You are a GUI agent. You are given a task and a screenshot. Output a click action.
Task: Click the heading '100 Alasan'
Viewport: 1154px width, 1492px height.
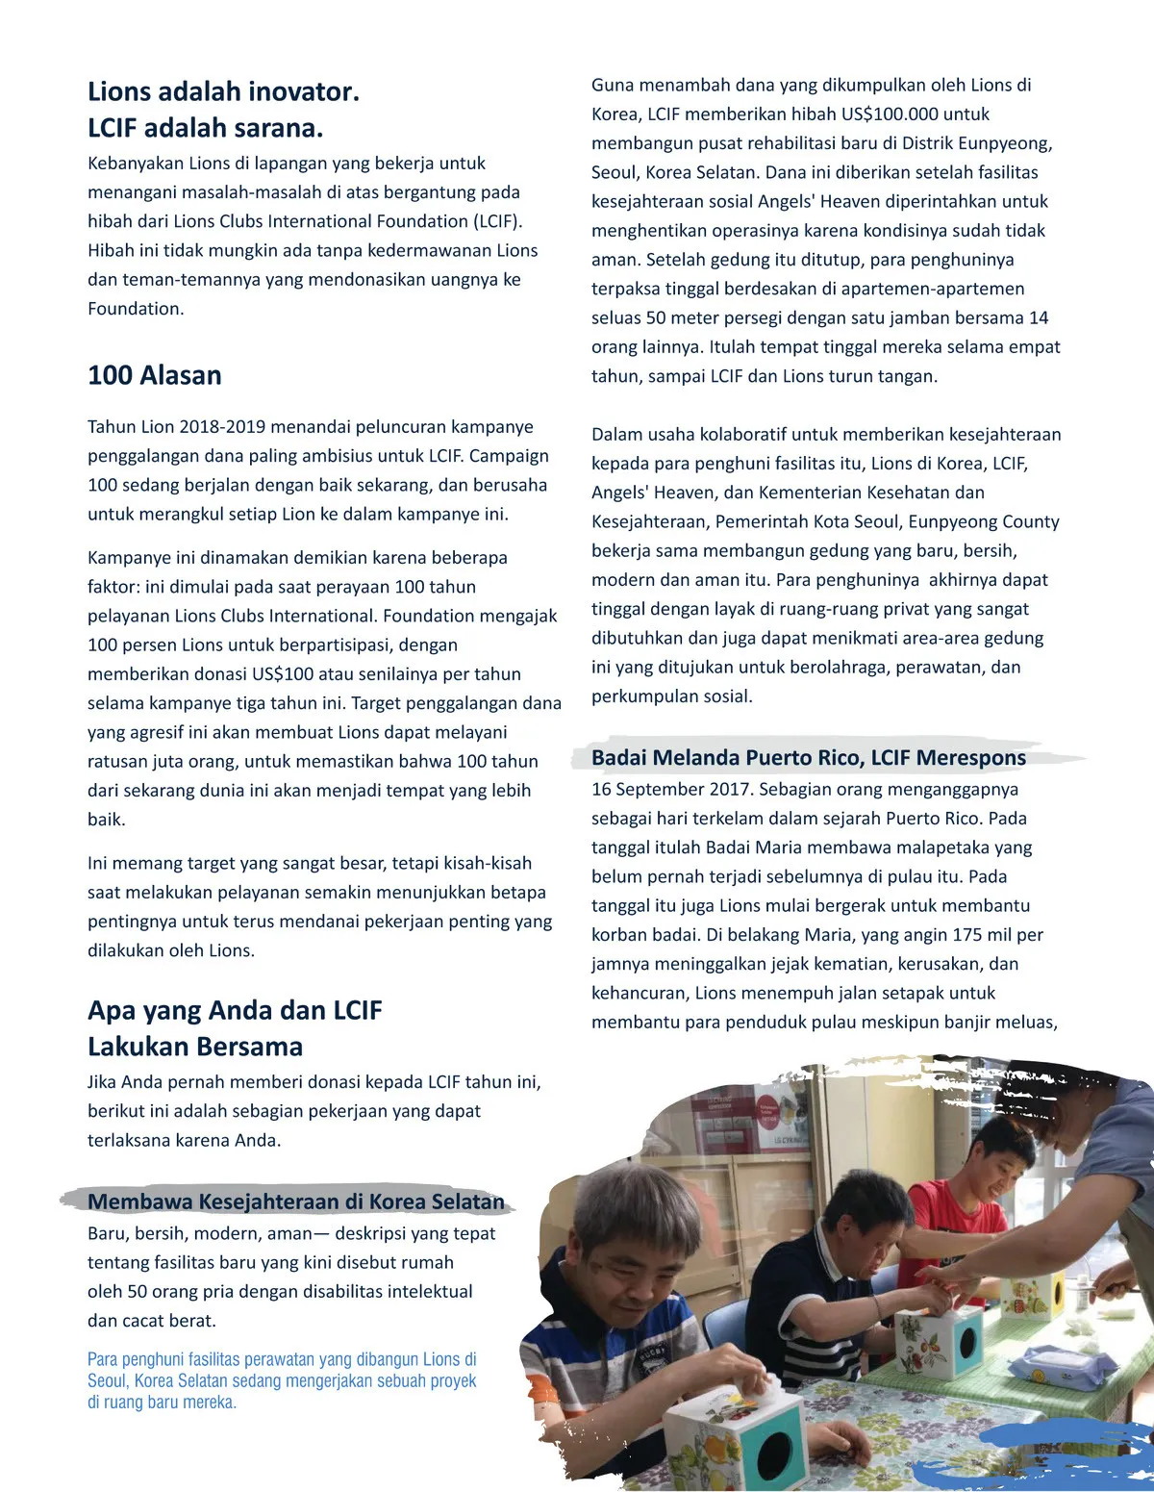coord(155,375)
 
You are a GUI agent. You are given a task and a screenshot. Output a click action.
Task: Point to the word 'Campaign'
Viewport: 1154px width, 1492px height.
coord(509,456)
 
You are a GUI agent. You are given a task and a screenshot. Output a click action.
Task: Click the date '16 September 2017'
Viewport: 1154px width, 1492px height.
coord(671,790)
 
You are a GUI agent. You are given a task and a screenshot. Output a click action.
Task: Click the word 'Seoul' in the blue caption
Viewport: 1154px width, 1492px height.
coord(108,1381)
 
